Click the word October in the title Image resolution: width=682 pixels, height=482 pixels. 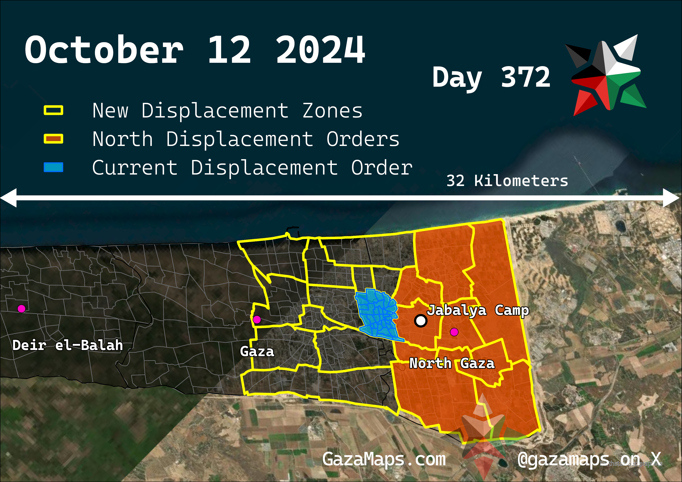(x=104, y=50)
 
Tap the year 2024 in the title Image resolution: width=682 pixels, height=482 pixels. (x=321, y=50)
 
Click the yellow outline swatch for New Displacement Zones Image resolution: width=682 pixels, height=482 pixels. (x=53, y=110)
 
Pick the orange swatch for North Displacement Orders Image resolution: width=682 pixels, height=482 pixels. (x=53, y=139)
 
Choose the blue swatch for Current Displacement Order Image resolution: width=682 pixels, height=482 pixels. (x=53, y=167)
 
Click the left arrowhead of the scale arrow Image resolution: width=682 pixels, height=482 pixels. (x=8, y=198)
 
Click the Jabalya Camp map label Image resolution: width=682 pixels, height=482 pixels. (x=478, y=310)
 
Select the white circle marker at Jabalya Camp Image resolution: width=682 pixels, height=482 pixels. (x=421, y=321)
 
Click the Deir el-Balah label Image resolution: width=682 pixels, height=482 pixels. (x=68, y=345)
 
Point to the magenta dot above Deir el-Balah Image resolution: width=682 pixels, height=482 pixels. (x=21, y=309)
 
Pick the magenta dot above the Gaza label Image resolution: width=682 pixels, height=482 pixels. (x=257, y=320)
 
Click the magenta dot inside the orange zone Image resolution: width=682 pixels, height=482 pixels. (x=454, y=332)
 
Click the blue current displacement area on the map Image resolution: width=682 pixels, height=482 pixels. (x=377, y=315)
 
